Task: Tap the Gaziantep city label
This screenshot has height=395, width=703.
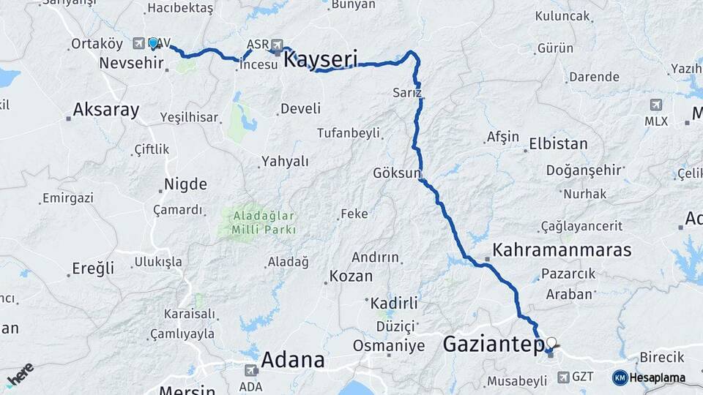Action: point(494,343)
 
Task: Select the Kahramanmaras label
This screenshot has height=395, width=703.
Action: point(562,250)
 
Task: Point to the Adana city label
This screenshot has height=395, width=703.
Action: point(292,360)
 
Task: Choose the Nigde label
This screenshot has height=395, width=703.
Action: point(185,184)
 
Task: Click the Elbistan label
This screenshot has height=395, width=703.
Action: point(558,144)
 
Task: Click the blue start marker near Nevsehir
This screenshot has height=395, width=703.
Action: point(153,43)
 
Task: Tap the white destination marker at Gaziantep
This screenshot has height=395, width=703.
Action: point(551,342)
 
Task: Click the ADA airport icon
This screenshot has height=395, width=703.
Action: point(251,370)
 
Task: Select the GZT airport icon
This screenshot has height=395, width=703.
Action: point(562,377)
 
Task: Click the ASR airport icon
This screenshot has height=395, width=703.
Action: point(277,44)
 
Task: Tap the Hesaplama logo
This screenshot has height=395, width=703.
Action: point(649,377)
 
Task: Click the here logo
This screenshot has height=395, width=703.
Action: point(20,375)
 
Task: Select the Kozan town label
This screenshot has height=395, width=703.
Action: point(351,276)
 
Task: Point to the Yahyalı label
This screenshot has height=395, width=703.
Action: point(285,162)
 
